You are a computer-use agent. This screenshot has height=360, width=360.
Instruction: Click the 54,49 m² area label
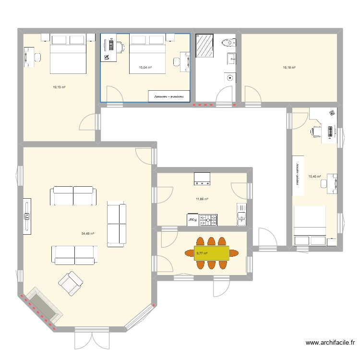pyautogui.click(x=87, y=233)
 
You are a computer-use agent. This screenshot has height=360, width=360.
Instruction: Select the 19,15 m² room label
pyautogui.click(x=59, y=87)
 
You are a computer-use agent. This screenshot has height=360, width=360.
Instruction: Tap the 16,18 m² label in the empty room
pyautogui.click(x=289, y=68)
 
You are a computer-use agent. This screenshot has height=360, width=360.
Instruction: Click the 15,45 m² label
pyautogui.click(x=315, y=177)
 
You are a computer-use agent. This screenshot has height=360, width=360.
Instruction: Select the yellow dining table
pyautogui.click(x=212, y=253)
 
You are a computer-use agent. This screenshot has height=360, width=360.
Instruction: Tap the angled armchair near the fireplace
pyautogui.click(x=71, y=283)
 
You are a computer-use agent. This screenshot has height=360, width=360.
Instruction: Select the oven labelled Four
pyautogui.click(x=192, y=219)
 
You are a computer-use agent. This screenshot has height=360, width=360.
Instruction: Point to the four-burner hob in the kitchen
pyautogui.click(x=208, y=220)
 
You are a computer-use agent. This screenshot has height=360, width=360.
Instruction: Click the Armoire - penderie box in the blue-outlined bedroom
pyautogui.click(x=170, y=96)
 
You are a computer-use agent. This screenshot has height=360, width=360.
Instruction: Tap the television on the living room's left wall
pyautogui.click(x=27, y=217)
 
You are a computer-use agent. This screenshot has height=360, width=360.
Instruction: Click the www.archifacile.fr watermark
pyautogui.click(x=331, y=343)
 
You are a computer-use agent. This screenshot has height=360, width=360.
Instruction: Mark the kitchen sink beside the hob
pyautogui.click(x=241, y=215)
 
